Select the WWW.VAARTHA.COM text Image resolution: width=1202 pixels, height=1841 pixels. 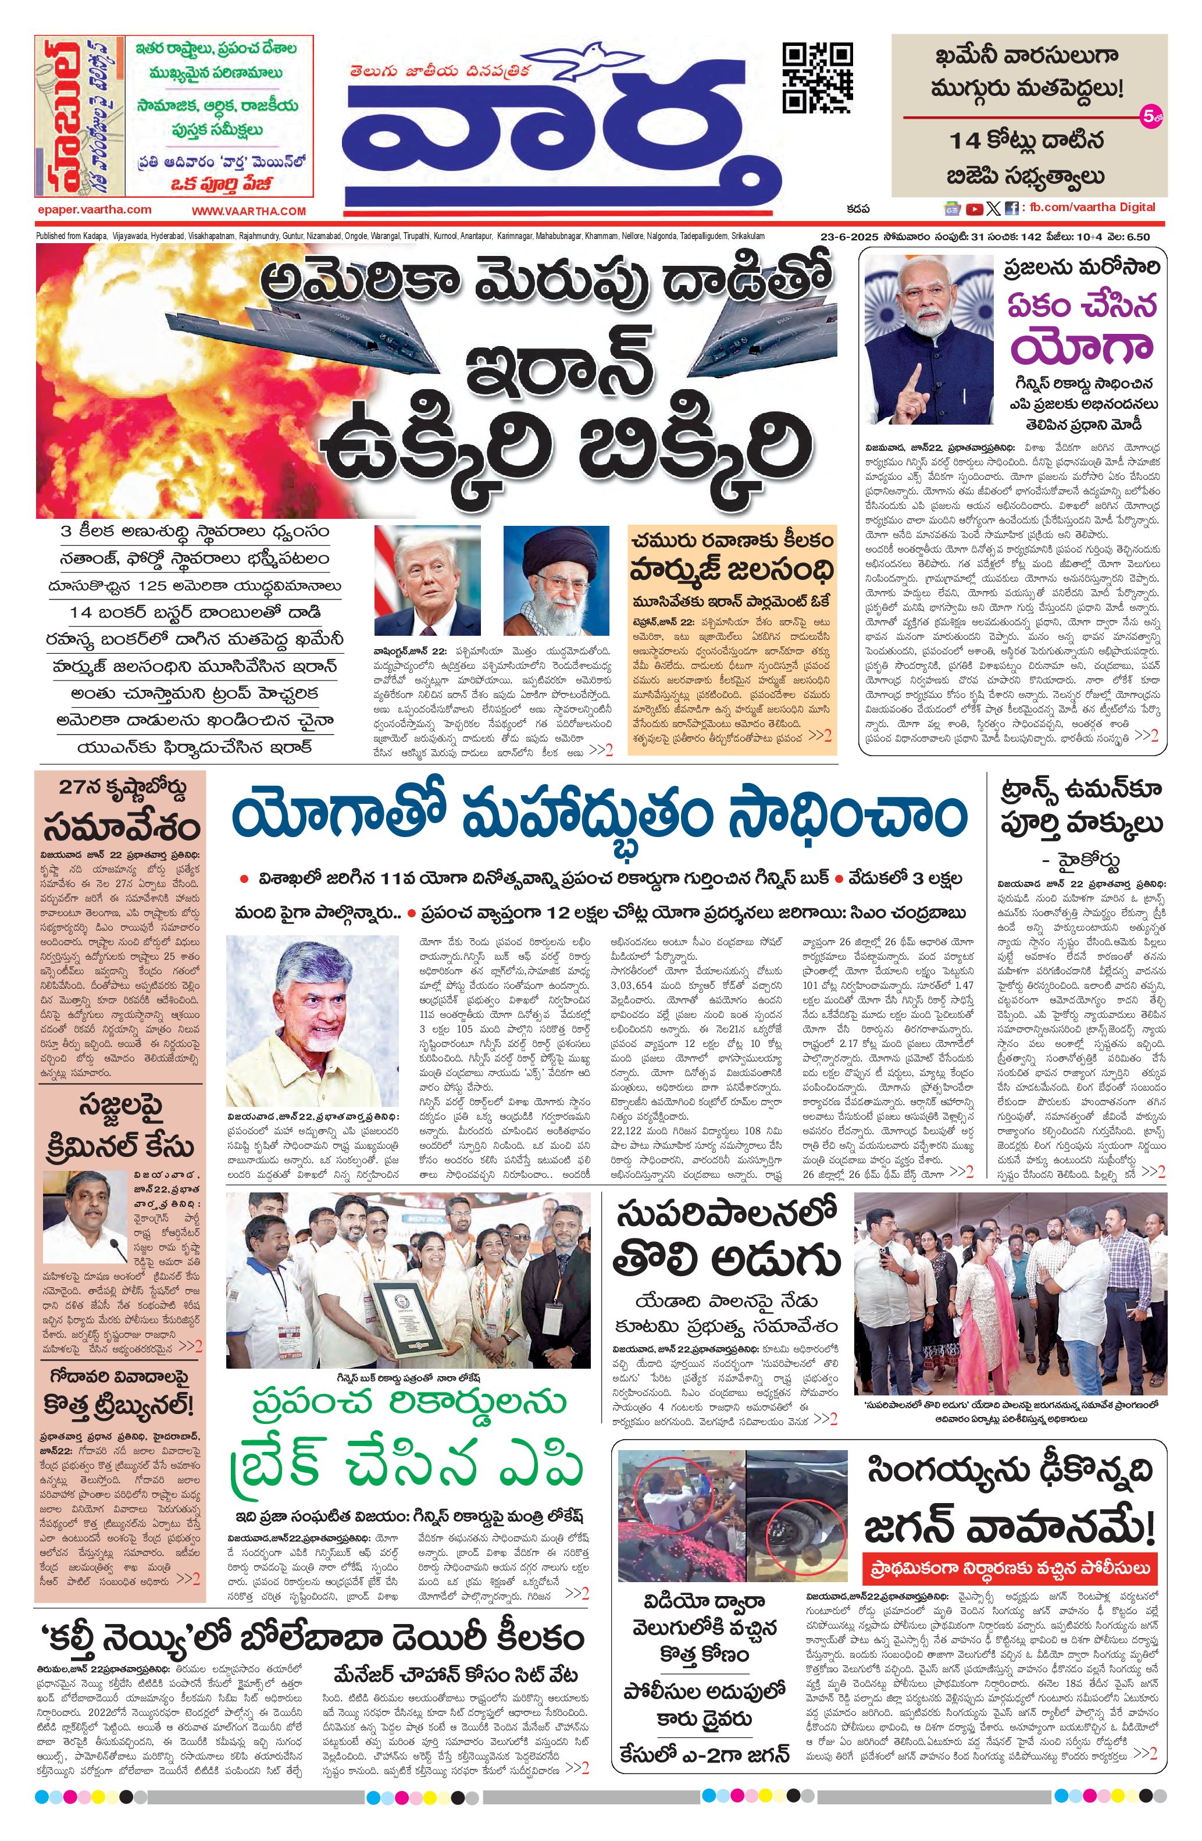(x=249, y=211)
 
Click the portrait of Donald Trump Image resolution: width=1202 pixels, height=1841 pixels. (x=427, y=580)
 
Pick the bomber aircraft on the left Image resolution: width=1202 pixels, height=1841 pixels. (x=218, y=330)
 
